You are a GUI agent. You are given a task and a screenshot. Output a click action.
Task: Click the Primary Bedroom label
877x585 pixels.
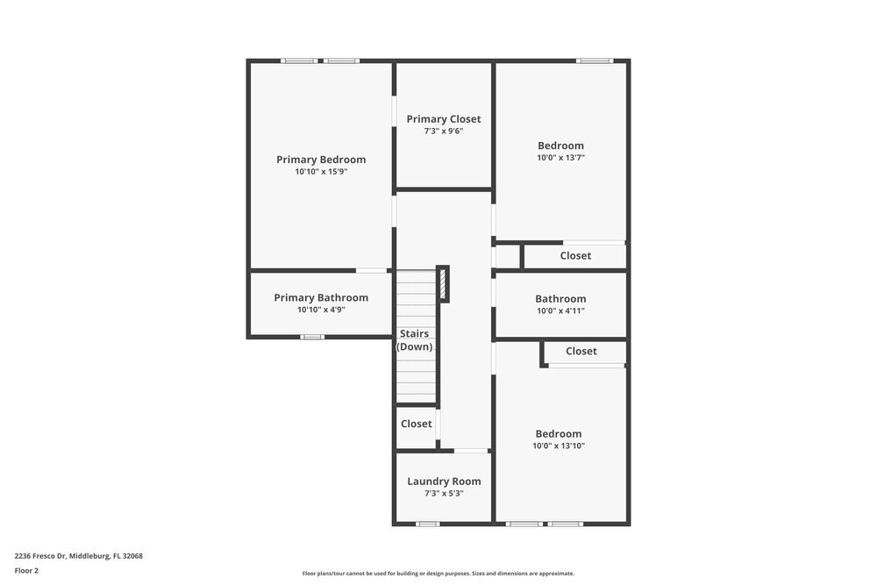point(321,160)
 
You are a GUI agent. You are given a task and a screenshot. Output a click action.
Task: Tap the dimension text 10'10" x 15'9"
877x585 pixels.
point(321,172)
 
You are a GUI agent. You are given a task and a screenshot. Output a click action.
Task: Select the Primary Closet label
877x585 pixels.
point(444,119)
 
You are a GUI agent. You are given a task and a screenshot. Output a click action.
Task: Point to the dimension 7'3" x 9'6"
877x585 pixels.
point(444,132)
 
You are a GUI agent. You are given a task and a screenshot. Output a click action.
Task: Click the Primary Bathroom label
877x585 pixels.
point(321,298)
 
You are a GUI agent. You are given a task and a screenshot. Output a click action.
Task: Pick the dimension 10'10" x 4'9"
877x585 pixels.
point(321,310)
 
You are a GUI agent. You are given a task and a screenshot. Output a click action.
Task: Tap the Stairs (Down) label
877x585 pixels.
point(415,340)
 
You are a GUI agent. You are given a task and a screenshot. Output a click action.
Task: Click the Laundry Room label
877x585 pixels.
point(444,482)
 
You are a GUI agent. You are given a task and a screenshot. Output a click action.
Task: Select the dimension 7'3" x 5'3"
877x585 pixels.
point(444,494)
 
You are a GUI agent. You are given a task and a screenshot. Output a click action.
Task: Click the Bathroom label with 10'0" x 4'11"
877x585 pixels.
point(560,299)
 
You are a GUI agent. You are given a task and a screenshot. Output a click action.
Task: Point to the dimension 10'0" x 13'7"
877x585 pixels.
point(560,158)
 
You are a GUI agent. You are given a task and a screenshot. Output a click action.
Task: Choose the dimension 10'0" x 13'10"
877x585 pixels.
point(559,446)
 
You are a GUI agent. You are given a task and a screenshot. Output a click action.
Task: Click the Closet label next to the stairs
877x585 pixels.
point(417,424)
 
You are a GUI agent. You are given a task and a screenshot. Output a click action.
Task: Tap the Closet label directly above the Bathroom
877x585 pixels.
point(575,256)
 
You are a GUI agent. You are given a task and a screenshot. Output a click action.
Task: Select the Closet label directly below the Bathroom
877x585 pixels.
point(581,352)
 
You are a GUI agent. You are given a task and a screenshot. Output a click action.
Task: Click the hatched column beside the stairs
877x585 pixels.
point(443,284)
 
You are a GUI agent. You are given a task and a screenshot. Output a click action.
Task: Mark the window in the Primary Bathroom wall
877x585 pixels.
point(312,337)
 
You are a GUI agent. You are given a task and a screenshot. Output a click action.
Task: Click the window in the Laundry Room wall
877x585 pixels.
point(427,524)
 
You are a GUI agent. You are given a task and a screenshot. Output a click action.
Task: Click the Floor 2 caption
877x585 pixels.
point(26,570)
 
